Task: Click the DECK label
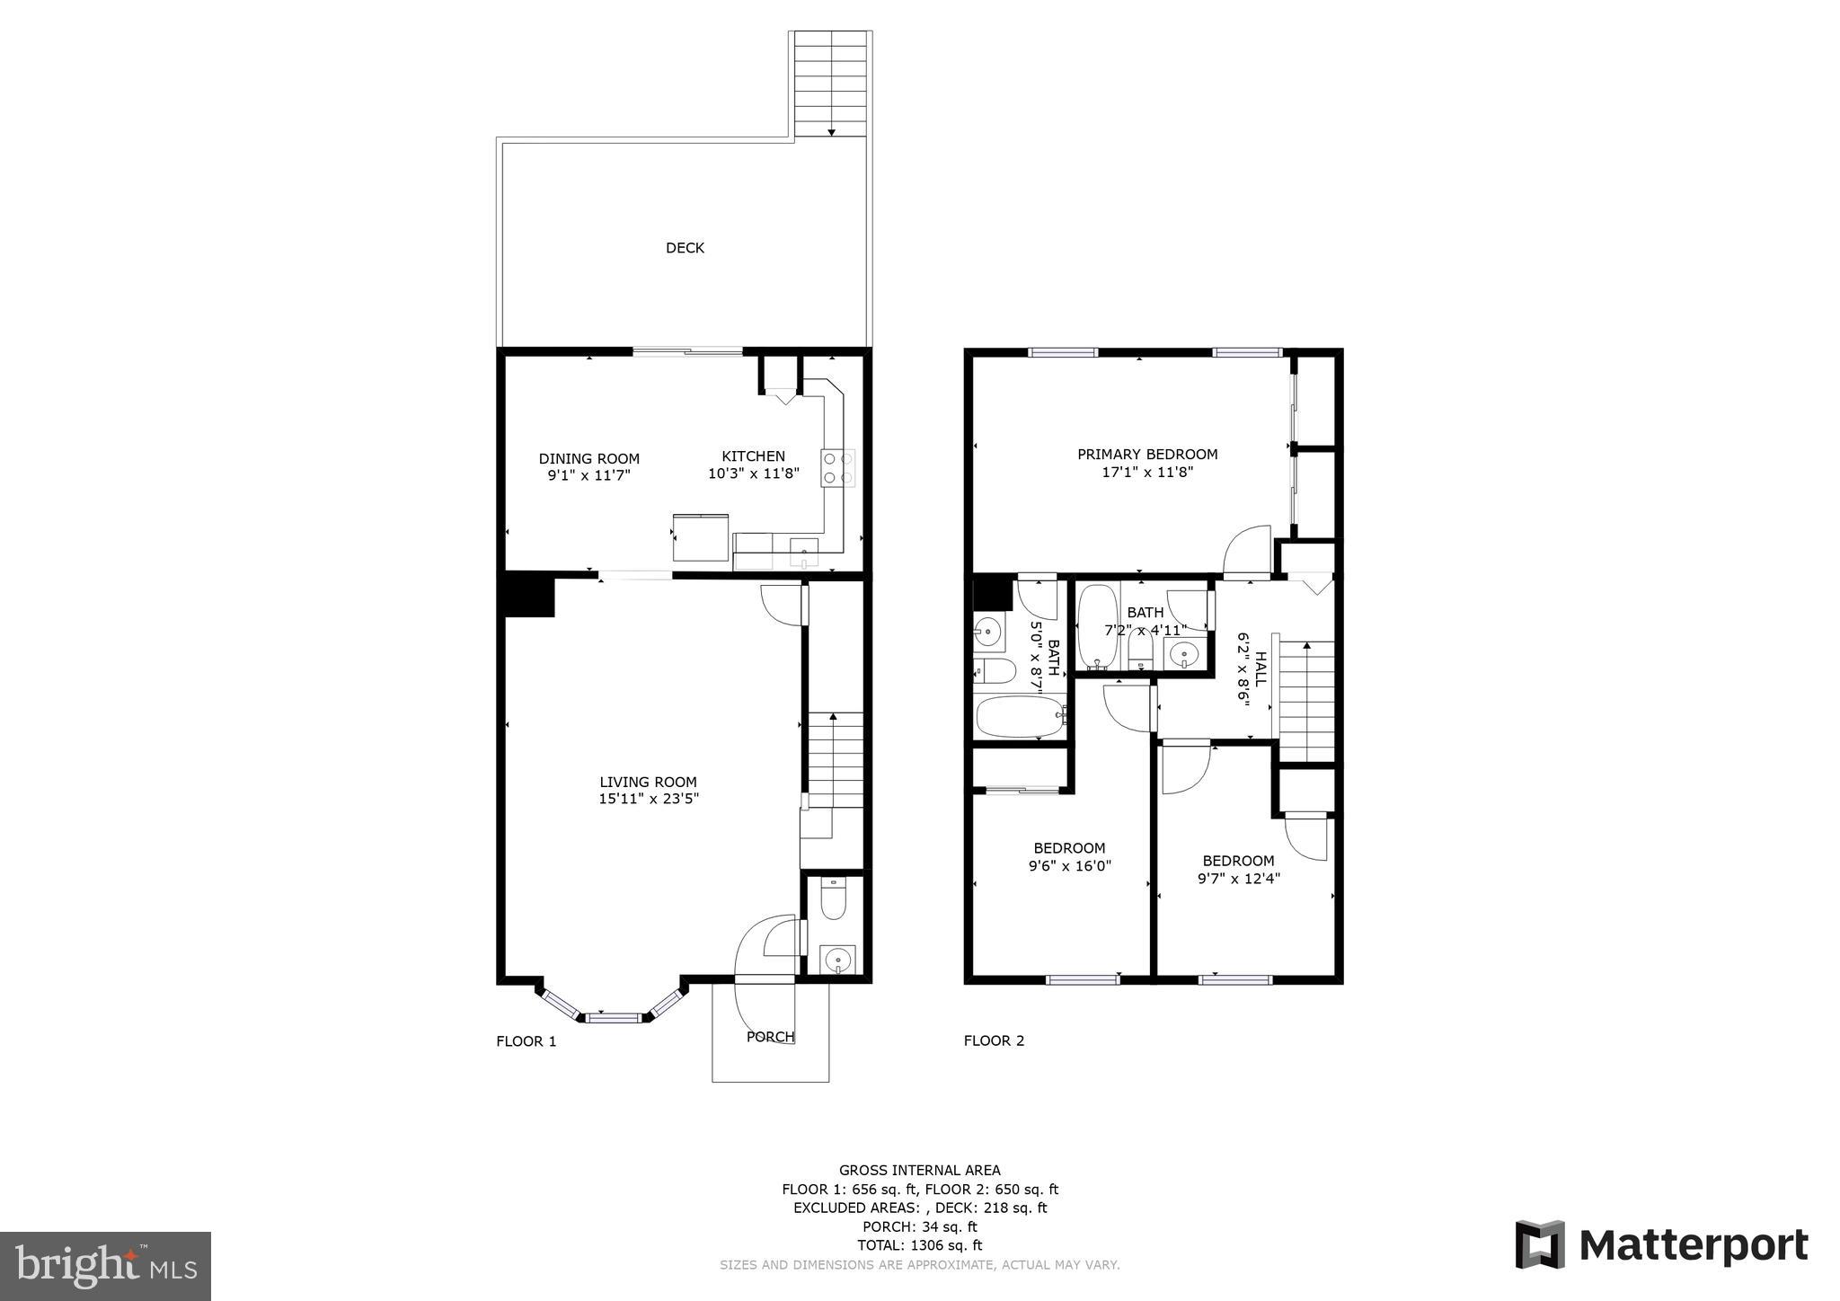[685, 248]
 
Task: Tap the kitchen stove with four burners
[837, 467]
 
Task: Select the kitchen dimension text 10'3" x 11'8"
[753, 473]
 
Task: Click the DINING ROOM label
[588, 458]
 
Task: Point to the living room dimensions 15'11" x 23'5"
[648, 798]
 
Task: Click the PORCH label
[770, 1037]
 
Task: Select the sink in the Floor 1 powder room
[837, 960]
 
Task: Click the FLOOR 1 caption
[526, 1041]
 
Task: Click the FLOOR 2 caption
[994, 1040]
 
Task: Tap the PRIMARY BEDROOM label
[1147, 455]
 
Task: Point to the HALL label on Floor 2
[1260, 669]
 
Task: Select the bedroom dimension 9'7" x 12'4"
[1238, 879]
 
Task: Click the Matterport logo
[1661, 1245]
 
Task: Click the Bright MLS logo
[105, 1267]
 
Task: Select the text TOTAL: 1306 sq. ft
[919, 1245]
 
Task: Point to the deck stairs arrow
[832, 131]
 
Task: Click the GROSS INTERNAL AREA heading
[919, 1170]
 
